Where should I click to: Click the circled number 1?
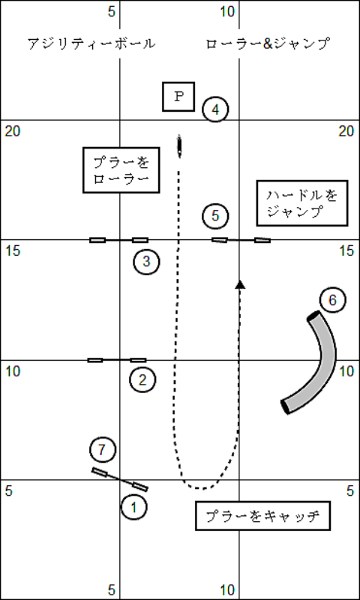[x=134, y=507]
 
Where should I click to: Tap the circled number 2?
[x=142, y=380]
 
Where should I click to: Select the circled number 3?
[x=146, y=262]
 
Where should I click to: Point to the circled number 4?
[x=215, y=109]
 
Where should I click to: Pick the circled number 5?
[x=215, y=216]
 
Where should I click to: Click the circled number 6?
[x=332, y=300]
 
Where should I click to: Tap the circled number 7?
[x=103, y=449]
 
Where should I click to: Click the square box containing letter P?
[x=178, y=97]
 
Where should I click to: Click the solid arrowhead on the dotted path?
[x=240, y=284]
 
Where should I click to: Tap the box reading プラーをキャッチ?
[x=262, y=515]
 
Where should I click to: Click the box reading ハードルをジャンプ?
[x=302, y=202]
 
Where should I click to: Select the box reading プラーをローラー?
[x=121, y=170]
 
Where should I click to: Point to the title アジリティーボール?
[x=91, y=43]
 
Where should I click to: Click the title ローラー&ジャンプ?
[x=268, y=43]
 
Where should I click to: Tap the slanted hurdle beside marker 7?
[x=120, y=479]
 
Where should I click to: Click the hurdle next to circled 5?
[x=241, y=240]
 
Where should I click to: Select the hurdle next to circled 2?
[x=117, y=360]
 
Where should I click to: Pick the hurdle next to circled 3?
[x=119, y=240]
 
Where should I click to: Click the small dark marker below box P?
[x=179, y=145]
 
